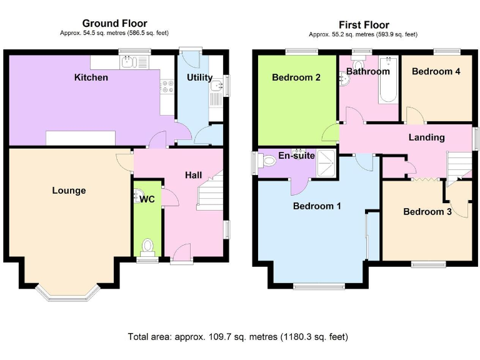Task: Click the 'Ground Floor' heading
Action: (114, 24)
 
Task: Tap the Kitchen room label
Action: (91, 77)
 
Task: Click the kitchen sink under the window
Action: (131, 61)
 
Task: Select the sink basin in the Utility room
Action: (216, 86)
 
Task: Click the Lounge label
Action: (69, 191)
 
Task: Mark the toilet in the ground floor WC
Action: (147, 246)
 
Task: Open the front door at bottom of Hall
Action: (181, 253)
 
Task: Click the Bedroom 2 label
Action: (296, 77)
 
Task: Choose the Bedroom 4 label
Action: (436, 71)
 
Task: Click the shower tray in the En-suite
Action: (326, 159)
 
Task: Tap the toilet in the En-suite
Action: (267, 161)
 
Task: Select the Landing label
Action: (426, 137)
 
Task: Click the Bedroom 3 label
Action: (427, 211)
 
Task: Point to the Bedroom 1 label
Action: (317, 206)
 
